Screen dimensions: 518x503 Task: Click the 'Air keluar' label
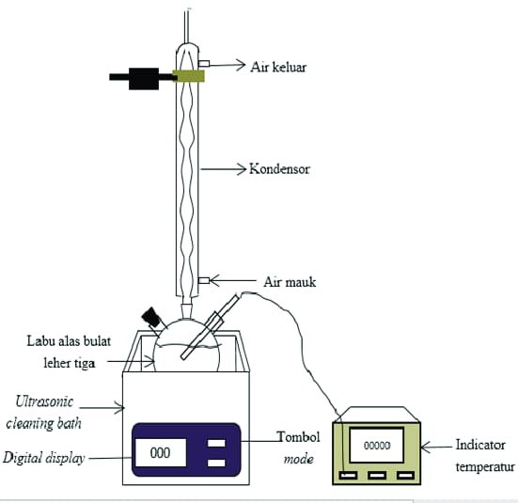[x=278, y=67]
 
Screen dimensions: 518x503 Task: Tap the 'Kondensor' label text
[x=279, y=169]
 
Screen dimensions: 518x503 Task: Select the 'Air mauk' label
[x=290, y=282]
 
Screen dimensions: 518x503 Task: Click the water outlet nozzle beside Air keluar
[x=204, y=63]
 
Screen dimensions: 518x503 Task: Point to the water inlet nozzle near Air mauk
[x=204, y=280]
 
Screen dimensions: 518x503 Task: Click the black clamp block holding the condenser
[x=144, y=79]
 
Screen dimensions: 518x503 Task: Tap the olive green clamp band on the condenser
[x=188, y=76]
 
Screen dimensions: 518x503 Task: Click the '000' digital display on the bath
[x=161, y=453]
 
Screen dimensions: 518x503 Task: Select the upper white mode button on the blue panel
[x=216, y=443]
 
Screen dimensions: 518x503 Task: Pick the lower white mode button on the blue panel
[x=216, y=463]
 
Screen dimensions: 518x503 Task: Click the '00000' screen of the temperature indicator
[x=377, y=445]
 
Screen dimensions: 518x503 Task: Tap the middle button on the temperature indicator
[x=377, y=476]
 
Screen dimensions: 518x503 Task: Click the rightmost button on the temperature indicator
[x=406, y=476]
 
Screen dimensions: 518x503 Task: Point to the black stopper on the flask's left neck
[x=151, y=317]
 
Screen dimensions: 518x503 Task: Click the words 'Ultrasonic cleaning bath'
[x=43, y=413]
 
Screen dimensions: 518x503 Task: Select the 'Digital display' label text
[x=43, y=459]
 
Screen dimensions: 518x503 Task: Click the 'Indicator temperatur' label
[x=485, y=456]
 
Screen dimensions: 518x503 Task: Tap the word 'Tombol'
[x=299, y=437]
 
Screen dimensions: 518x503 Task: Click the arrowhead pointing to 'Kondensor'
[x=242, y=169]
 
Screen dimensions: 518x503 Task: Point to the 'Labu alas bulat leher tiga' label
[x=69, y=353]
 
